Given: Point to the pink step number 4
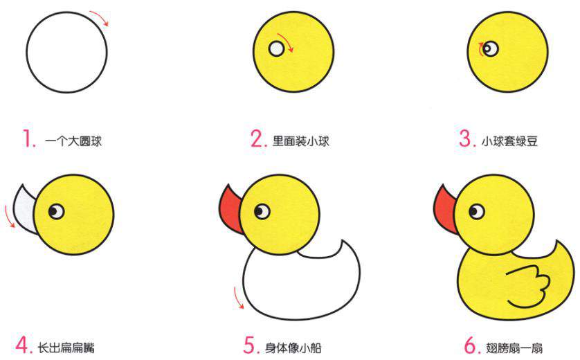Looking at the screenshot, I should pyautogui.click(x=24, y=343).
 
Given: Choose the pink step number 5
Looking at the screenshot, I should pyautogui.click(x=251, y=343).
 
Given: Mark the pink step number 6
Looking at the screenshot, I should pyautogui.click(x=471, y=343).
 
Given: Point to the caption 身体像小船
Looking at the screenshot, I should pyautogui.click(x=293, y=345).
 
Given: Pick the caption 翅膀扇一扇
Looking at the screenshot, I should pyautogui.click(x=515, y=345).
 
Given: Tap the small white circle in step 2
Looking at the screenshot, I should pyautogui.click(x=277, y=48).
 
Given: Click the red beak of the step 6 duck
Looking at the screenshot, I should pyautogui.click(x=446, y=206).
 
